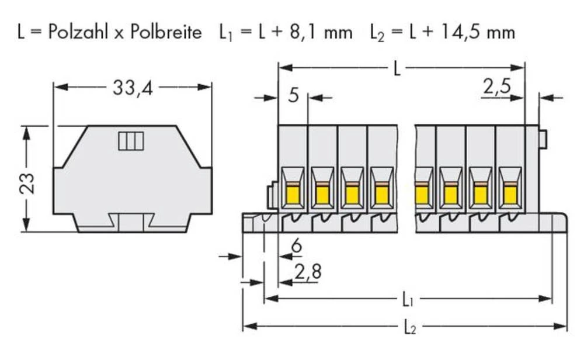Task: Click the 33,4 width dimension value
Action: tap(132, 88)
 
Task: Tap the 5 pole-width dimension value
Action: tap(293, 94)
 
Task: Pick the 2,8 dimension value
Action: tap(307, 272)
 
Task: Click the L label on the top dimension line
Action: tap(397, 69)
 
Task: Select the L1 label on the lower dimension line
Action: tap(408, 301)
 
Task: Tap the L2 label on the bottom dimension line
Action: tap(409, 328)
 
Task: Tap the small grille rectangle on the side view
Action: tap(131, 141)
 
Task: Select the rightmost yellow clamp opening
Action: tap(509, 189)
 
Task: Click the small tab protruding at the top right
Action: tap(543, 139)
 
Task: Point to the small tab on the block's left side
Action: tap(272, 196)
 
